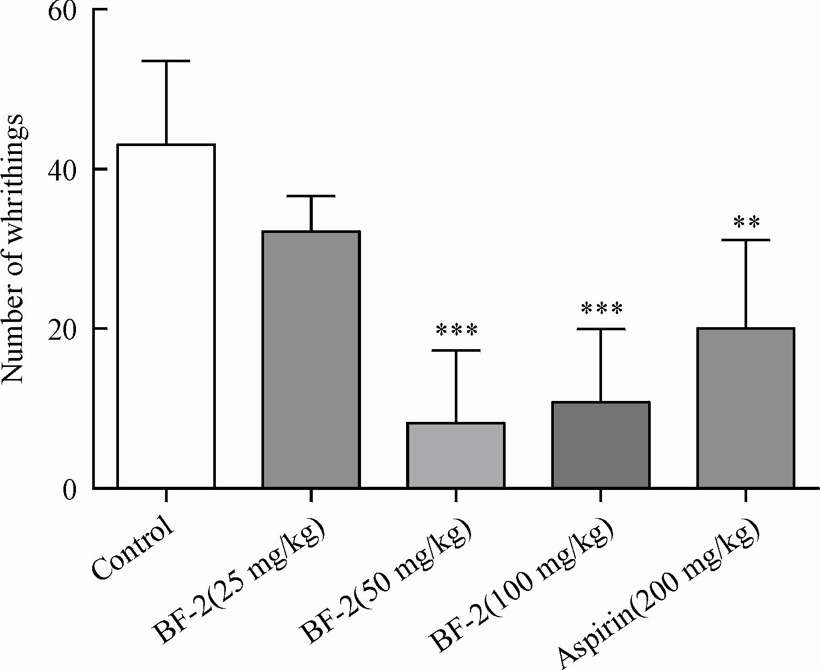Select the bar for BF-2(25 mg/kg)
[x=311, y=359]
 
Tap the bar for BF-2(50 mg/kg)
[x=456, y=455]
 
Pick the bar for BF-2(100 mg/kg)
[x=600, y=444]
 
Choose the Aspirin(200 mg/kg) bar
[x=746, y=408]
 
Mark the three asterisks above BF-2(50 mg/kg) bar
[x=456, y=330]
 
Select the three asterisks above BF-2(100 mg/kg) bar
[x=602, y=309]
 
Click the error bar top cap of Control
[x=166, y=61]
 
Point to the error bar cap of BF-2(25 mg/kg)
[x=311, y=196]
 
